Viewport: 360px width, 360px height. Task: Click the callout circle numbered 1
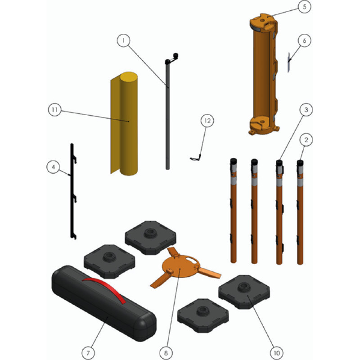[x=123, y=40]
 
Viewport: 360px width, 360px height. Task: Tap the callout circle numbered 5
[x=305, y=7]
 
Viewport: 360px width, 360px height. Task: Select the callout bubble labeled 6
[x=305, y=40]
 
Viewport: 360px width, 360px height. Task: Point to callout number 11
[x=54, y=110]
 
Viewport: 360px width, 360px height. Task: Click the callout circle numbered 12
[x=207, y=121]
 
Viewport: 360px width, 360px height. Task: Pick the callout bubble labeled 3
[x=306, y=110]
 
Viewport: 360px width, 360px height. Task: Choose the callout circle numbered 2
[x=306, y=139]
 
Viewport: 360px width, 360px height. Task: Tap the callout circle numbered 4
[x=53, y=167]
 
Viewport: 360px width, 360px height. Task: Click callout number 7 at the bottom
[x=88, y=353]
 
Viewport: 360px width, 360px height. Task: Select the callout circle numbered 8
[x=166, y=353]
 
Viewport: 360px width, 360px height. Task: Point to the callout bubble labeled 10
[x=277, y=353]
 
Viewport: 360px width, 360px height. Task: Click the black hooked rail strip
[x=73, y=191]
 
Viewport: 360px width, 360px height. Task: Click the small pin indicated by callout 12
[x=196, y=158]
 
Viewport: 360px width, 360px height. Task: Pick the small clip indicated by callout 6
[x=289, y=62]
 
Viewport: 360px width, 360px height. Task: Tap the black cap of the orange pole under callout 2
[x=300, y=163]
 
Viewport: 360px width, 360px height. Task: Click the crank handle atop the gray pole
[x=172, y=58]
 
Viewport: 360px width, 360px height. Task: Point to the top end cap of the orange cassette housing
[x=263, y=21]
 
